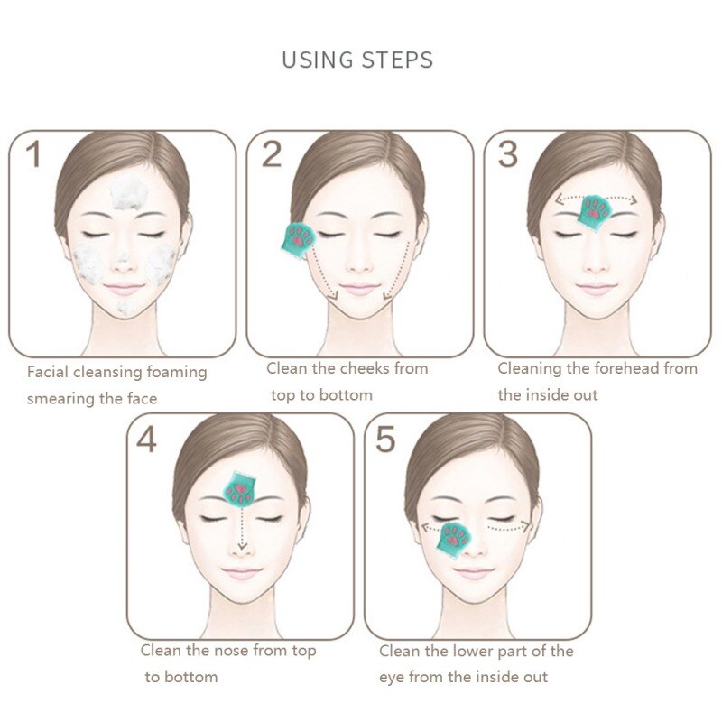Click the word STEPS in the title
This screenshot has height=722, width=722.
(397, 60)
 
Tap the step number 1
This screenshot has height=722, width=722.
(33, 153)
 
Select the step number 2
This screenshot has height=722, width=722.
(272, 154)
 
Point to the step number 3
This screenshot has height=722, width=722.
(508, 154)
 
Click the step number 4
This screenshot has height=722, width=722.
(146, 440)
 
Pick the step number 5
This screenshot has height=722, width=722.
(385, 440)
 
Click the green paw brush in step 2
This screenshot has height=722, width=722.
(299, 240)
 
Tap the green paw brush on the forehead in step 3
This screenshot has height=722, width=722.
(595, 213)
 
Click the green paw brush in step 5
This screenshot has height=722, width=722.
(454, 541)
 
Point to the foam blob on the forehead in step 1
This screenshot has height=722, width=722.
(129, 191)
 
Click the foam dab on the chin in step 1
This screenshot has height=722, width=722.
(125, 307)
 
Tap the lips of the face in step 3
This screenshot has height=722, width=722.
(596, 289)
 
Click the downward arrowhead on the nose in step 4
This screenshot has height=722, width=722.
(242, 546)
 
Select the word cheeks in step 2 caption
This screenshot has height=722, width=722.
(364, 368)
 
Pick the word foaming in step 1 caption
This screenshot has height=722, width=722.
(176, 373)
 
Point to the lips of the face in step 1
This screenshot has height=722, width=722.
(124, 289)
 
